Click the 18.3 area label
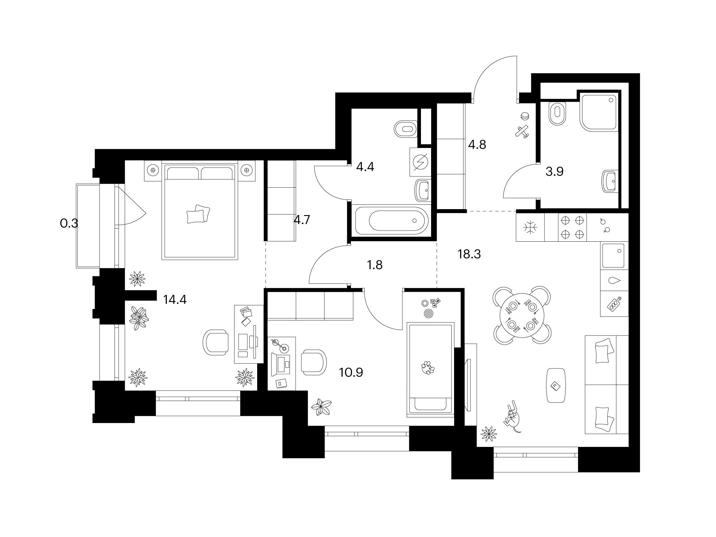[469, 254]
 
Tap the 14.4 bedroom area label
[175, 300]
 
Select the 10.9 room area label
[351, 373]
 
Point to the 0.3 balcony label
[69, 223]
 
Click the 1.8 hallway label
[374, 265]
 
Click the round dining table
[522, 315]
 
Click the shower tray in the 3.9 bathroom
[599, 112]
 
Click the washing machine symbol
[420, 162]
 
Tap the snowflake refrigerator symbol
[530, 228]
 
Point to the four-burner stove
[572, 227]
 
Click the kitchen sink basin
[613, 256]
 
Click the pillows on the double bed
[198, 214]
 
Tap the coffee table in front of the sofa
[556, 385]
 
